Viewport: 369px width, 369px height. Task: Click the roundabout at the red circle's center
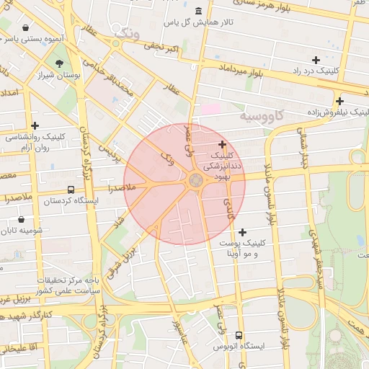[195, 181]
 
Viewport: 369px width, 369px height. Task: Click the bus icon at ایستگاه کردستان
[71, 190]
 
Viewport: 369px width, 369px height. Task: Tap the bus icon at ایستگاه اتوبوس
[239, 334]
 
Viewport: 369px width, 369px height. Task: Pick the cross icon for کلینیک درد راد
[315, 60]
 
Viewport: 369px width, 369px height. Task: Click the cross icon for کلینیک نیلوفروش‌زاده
[339, 101]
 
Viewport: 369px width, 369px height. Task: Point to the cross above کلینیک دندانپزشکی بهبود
[221, 144]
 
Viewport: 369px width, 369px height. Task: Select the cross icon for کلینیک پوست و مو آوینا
[242, 232]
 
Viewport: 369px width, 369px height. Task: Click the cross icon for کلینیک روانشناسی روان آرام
[34, 125]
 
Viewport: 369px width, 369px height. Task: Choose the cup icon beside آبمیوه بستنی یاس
[26, 27]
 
